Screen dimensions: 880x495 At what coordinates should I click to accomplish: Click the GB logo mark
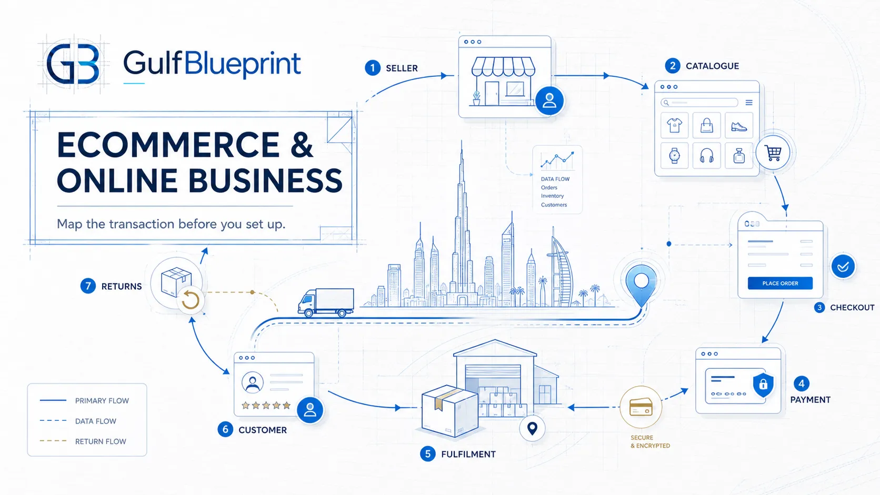[x=73, y=64]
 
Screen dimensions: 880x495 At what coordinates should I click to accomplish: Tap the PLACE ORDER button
[x=780, y=283]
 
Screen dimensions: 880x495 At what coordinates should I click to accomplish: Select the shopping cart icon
[x=773, y=153]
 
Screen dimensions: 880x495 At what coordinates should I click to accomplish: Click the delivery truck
[x=326, y=302]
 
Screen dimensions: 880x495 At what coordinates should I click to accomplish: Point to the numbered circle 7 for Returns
[x=88, y=286]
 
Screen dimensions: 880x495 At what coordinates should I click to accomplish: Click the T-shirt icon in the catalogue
[x=674, y=126]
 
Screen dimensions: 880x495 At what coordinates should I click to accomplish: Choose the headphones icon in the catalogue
[x=706, y=156]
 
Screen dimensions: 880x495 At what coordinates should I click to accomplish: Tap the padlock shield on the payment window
[x=763, y=385]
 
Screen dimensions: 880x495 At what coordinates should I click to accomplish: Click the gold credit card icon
[x=641, y=407]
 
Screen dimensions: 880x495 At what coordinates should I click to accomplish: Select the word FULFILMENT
[x=468, y=454]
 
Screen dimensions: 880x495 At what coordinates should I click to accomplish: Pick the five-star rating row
[x=266, y=405]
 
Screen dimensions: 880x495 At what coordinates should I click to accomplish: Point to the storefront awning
[x=503, y=66]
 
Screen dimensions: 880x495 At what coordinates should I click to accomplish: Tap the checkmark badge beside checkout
[x=843, y=267]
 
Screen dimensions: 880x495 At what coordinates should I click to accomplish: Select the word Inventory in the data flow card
[x=552, y=196]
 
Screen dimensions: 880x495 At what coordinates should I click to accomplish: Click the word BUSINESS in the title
[x=265, y=180]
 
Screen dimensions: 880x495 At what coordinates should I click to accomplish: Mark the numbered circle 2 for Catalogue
[x=673, y=66]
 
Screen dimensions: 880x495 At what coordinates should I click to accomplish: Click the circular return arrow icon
[x=190, y=301]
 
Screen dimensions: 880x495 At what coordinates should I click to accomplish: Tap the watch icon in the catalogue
[x=674, y=156]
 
